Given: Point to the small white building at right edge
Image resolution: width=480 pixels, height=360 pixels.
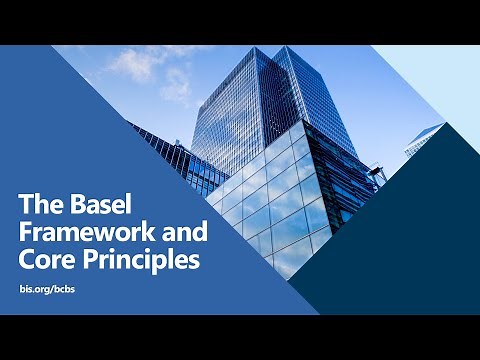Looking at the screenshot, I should pos(422,140).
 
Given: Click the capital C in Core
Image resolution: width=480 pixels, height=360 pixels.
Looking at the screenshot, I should pos(27,261).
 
